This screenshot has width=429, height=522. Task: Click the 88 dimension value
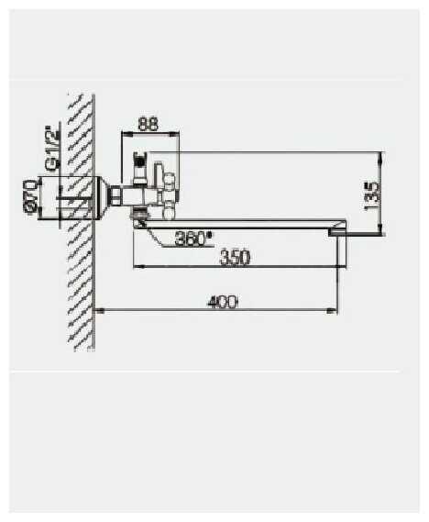148,124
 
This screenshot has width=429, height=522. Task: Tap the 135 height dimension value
372,196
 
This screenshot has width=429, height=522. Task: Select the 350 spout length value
235,258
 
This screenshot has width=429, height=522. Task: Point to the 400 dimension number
223,302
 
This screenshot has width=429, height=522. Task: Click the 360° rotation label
194,238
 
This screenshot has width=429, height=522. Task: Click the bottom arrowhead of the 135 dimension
381,230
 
